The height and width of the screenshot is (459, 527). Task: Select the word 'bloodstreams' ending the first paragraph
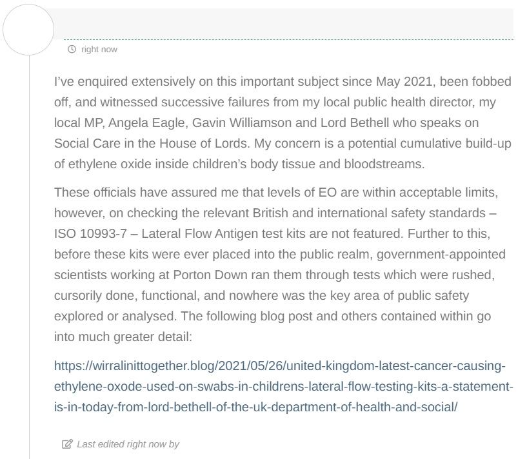click(390, 163)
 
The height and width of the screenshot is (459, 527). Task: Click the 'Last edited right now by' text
click(128, 444)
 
